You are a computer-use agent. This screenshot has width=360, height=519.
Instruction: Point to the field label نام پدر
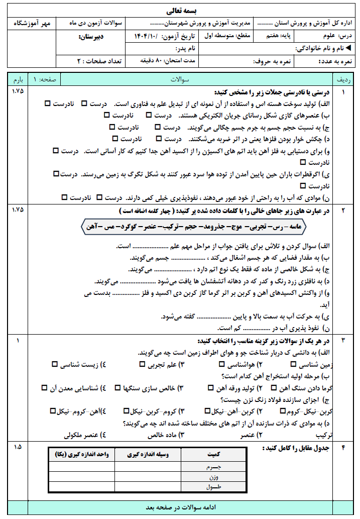tap(185, 49)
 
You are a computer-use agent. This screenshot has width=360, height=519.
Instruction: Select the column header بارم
tap(18, 80)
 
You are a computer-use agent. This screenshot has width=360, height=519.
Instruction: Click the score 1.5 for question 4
tap(18, 447)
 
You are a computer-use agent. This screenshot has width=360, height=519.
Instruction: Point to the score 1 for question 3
tap(18, 341)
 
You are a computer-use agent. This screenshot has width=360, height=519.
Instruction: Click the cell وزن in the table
tap(213, 477)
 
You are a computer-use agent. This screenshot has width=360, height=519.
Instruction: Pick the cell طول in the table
tap(213, 487)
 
